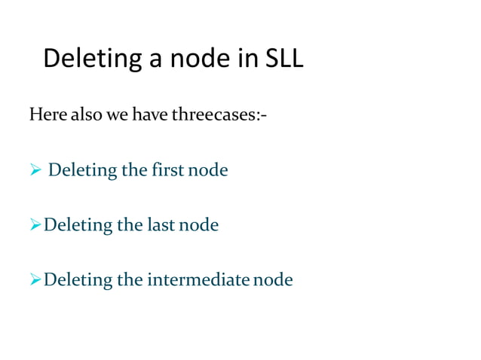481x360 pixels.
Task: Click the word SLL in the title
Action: (284, 59)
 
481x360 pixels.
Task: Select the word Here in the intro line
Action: (46, 115)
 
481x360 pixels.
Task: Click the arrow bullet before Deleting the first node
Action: (35, 170)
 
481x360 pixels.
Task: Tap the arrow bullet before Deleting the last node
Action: (35, 225)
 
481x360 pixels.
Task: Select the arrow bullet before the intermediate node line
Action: (35, 280)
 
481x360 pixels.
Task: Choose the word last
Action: (159, 225)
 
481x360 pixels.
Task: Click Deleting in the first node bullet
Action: (81, 170)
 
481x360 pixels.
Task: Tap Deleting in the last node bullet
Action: (76, 225)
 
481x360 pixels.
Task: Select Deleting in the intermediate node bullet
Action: (76, 280)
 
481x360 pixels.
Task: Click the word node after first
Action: (207, 170)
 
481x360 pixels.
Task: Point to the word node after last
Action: (198, 225)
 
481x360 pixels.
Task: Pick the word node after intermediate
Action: (273, 280)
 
